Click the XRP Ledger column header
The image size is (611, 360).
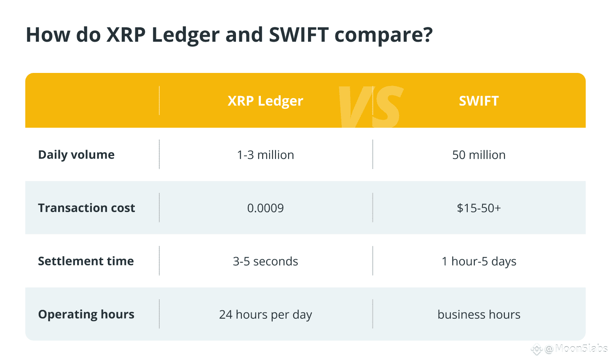tap(265, 101)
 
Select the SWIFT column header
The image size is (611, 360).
tap(479, 101)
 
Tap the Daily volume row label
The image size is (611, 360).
tap(76, 155)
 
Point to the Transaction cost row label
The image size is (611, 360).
tap(86, 208)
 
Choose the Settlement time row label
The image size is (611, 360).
tap(86, 261)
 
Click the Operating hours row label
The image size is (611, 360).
tap(86, 314)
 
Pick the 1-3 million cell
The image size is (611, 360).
tap(265, 155)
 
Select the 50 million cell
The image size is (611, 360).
tap(479, 155)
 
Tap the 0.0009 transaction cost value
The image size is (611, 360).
tap(265, 208)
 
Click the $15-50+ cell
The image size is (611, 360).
tap(479, 208)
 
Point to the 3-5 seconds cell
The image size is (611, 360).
tap(265, 261)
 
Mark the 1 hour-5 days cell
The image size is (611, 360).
tap(479, 261)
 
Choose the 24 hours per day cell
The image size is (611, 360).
tap(265, 314)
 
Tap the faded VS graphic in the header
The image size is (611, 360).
tap(370, 107)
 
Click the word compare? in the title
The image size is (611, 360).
tap(383, 35)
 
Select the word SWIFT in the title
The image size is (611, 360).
tap(299, 35)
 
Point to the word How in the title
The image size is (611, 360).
tap(48, 35)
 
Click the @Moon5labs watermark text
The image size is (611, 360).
tap(576, 349)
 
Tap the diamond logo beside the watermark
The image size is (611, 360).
tap(536, 349)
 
